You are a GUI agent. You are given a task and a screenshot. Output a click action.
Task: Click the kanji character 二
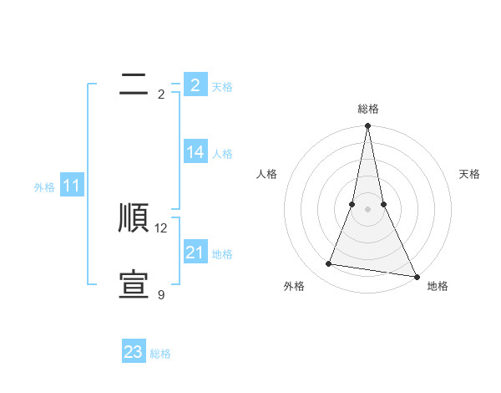pyautogui.click(x=134, y=84)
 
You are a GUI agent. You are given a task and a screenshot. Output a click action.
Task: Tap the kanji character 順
pyautogui.click(x=134, y=218)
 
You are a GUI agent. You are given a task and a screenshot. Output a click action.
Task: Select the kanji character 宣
pyautogui.click(x=134, y=285)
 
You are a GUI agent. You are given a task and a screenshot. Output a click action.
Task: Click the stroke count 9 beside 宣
pyautogui.click(x=161, y=295)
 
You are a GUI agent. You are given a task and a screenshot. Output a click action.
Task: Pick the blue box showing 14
pyautogui.click(x=195, y=152)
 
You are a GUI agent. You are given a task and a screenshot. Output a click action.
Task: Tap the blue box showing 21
pyautogui.click(x=195, y=253)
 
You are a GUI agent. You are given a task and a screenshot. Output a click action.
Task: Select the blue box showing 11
pyautogui.click(x=72, y=186)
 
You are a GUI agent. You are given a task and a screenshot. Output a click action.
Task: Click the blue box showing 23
pyautogui.click(x=134, y=352)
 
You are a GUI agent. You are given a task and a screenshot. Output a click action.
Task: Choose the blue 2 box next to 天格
pyautogui.click(x=195, y=85)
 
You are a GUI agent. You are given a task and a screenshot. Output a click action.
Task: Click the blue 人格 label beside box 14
pyautogui.click(x=222, y=154)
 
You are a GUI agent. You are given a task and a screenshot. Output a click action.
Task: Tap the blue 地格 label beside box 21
pyautogui.click(x=222, y=254)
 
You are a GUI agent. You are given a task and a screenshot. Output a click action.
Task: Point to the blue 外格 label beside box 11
pyautogui.click(x=44, y=187)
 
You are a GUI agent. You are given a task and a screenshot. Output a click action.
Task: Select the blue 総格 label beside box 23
pyautogui.click(x=160, y=354)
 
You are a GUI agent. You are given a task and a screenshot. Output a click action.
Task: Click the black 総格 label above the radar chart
pyautogui.click(x=368, y=109)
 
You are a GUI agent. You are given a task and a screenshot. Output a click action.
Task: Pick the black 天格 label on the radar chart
pyautogui.click(x=469, y=174)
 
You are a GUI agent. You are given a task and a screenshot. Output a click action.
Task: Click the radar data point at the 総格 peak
pyautogui.click(x=367, y=126)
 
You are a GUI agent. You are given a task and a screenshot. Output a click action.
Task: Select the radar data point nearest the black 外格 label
pyautogui.click(x=329, y=264)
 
